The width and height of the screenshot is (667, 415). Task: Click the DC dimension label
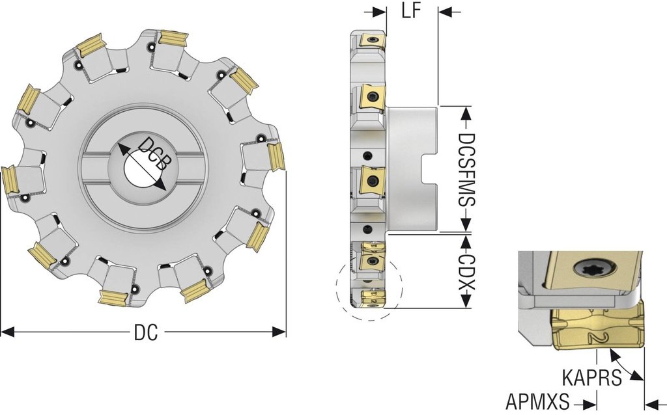146,332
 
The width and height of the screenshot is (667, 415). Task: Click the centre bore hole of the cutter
139,170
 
